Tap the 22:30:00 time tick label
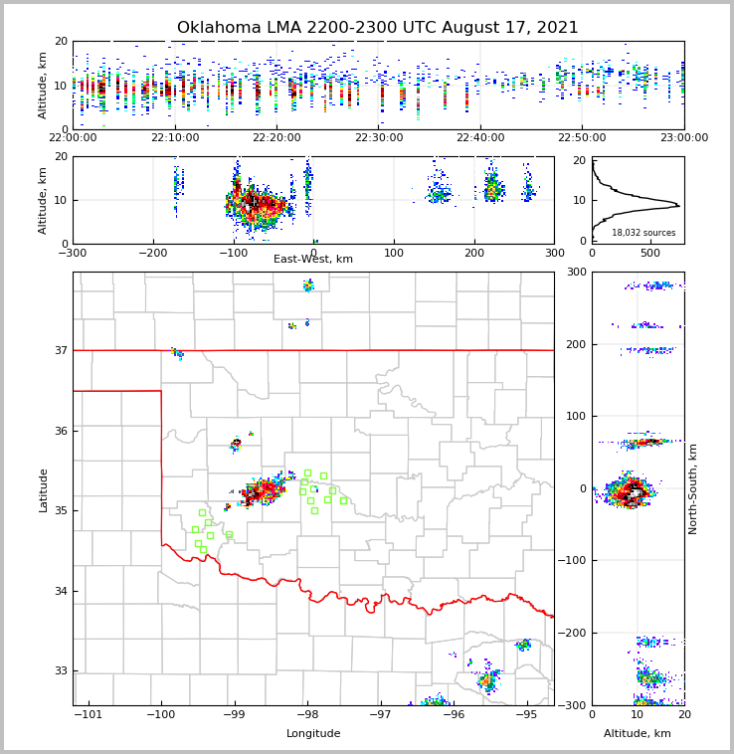coord(379,138)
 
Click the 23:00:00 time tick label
coord(683,138)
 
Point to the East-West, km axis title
coord(313,260)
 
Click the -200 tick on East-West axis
coord(153,252)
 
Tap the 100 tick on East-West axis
coord(394,252)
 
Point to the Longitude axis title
coord(313,734)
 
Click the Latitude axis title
coord(43,489)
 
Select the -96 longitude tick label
coord(453,714)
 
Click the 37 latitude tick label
coord(60,351)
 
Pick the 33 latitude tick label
coord(60,671)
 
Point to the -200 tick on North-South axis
coord(574,633)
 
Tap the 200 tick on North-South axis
coord(576,344)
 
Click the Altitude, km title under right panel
coord(638,734)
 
